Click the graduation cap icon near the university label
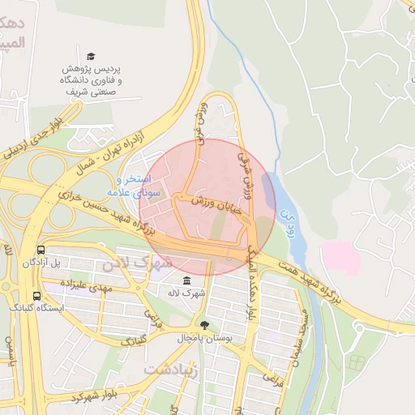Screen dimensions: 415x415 (92, 56)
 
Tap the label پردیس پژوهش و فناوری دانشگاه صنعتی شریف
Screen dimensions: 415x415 (92, 81)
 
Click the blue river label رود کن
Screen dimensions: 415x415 (285, 218)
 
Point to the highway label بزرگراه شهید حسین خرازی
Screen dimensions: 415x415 (110, 213)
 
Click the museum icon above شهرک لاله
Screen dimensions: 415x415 (187, 280)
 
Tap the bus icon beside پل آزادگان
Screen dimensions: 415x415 (41, 250)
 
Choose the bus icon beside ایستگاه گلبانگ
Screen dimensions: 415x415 (36, 296)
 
